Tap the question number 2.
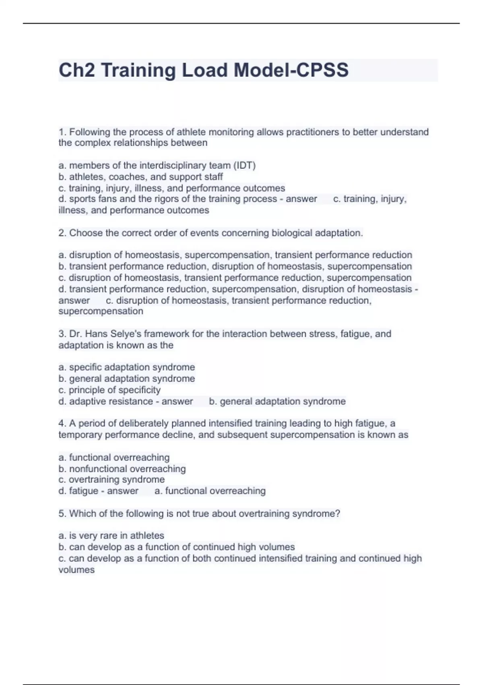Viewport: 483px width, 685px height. pos(62,233)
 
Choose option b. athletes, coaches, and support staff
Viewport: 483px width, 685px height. pos(140,177)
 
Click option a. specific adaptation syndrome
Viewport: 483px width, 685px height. pos(126,367)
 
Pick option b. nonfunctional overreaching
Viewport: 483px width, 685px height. pos(122,469)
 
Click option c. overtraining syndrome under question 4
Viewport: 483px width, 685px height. pos(111,479)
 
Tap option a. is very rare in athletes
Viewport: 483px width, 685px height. pos(111,536)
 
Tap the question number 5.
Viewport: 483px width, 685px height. pos(62,514)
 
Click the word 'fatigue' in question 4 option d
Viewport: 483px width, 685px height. pos(83,491)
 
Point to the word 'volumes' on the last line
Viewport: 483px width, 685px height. pos(76,570)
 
